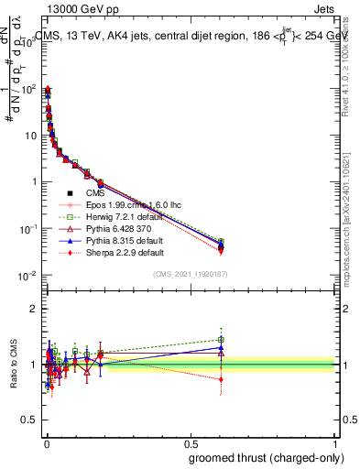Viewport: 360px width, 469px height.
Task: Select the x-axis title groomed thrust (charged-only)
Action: [x=267, y=458]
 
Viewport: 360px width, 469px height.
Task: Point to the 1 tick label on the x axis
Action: [x=335, y=442]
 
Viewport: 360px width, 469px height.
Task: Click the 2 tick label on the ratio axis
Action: [x=32, y=309]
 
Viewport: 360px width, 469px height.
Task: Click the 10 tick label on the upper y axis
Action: [x=29, y=135]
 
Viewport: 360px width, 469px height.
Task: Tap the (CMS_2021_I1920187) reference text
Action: [x=190, y=274]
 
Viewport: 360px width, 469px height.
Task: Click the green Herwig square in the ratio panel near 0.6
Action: [x=221, y=340]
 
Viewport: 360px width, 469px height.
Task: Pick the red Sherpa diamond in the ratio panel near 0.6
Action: [x=221, y=379]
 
